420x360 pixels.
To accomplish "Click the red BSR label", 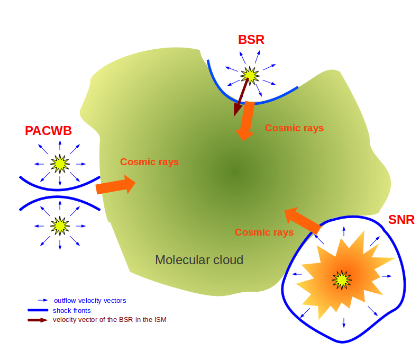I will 251,39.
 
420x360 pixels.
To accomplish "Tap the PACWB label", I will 48,130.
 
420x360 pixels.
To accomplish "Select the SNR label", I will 401,219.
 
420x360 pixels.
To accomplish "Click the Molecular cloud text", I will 199,260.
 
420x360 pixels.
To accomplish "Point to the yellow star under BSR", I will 249,75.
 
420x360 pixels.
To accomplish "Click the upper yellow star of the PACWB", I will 59,164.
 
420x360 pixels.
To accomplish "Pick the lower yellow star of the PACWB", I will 59,226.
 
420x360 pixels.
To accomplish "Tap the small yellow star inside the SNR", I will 342,279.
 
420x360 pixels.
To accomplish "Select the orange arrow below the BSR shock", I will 245,121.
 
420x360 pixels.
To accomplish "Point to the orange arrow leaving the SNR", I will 303,221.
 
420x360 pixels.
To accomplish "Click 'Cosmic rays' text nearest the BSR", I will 294,128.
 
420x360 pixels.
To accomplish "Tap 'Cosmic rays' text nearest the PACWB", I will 149,162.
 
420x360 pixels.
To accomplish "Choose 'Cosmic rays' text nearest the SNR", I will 264,232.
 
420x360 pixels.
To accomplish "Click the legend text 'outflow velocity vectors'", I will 90,301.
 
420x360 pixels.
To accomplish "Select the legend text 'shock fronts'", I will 71,310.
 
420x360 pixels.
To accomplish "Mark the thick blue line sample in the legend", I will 38,310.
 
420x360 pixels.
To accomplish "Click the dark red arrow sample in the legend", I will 38,320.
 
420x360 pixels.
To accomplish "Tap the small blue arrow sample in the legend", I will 43,300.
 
